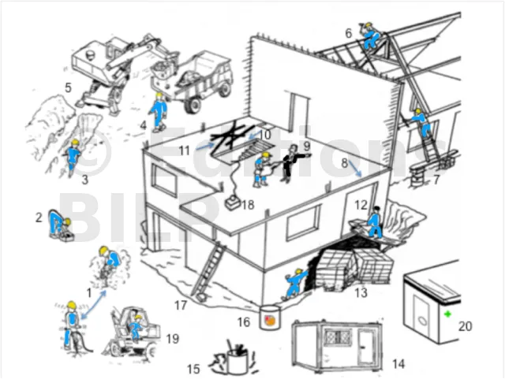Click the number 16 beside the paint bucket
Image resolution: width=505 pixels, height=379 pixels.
pyautogui.click(x=244, y=322)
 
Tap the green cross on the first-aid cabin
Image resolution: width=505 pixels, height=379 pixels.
pyautogui.click(x=447, y=314)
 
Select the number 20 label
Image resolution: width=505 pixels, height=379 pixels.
pyautogui.click(x=465, y=326)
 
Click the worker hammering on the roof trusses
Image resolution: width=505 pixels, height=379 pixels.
pyautogui.click(x=372, y=36)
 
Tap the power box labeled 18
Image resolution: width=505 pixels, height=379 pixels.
pyautogui.click(x=232, y=203)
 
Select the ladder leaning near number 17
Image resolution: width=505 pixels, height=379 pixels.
pyautogui.click(x=208, y=271)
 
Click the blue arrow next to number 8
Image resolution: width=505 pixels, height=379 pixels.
pyautogui.click(x=355, y=169)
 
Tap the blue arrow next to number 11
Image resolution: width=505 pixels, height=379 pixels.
pyautogui.click(x=205, y=146)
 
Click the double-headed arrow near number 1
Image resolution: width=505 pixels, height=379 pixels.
pyautogui.click(x=93, y=304)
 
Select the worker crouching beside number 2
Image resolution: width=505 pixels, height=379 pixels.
pyautogui.click(x=60, y=224)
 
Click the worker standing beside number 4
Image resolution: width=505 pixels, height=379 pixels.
pyautogui.click(x=159, y=113)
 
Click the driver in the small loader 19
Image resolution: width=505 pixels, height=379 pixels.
pyautogui.click(x=137, y=326)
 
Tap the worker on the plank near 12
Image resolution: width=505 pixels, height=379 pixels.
pyautogui.click(x=375, y=221)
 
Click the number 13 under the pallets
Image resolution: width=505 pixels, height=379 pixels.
pyautogui.click(x=361, y=293)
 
